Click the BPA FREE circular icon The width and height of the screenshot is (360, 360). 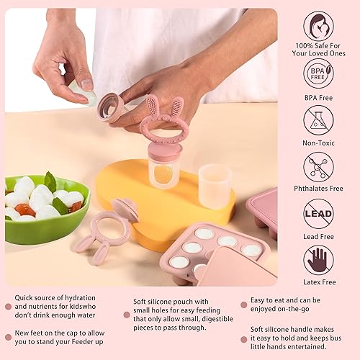pyautogui.click(x=318, y=73)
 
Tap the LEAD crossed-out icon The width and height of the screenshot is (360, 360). pyautogui.click(x=318, y=214)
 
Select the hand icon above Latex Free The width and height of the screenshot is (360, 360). pyautogui.click(x=318, y=260)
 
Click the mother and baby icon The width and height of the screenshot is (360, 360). pyautogui.click(x=318, y=26)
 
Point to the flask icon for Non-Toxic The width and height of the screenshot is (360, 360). pyautogui.click(x=318, y=120)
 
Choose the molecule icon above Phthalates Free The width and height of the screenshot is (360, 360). pyautogui.click(x=318, y=167)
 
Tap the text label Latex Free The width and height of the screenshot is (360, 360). pyautogui.click(x=318, y=282)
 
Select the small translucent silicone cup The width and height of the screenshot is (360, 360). pyautogui.click(x=215, y=186)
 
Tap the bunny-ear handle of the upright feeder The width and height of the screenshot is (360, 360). pyautogui.click(x=164, y=119)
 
